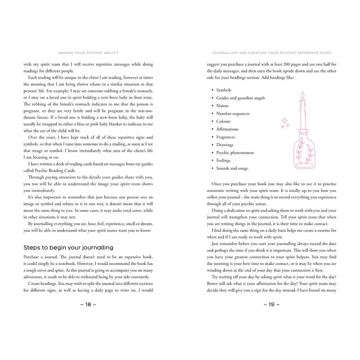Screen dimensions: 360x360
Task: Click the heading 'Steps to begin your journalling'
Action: tap(68, 247)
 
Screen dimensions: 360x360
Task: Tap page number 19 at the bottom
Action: tap(270, 304)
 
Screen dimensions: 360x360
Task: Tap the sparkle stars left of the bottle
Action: tap(284, 122)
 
